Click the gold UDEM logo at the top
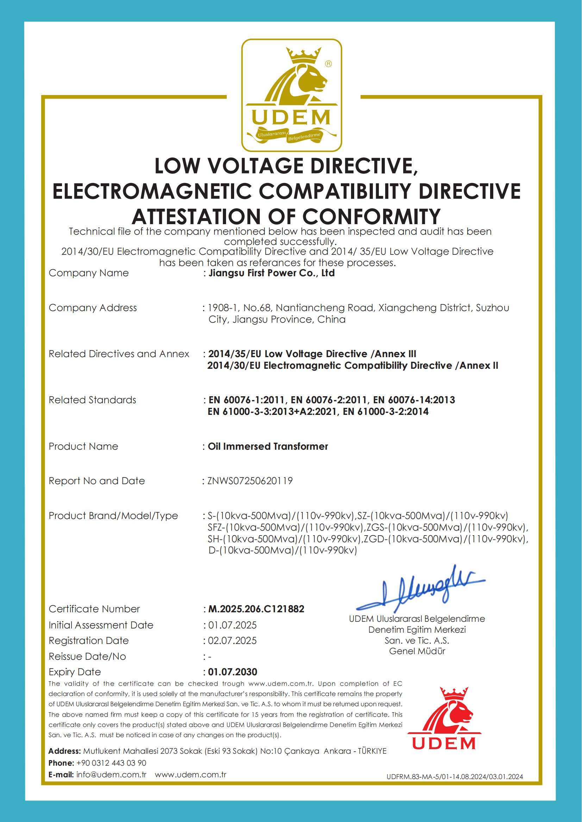point(291,95)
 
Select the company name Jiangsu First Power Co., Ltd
point(271,273)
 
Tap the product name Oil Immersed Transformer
point(268,446)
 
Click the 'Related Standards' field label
point(93,400)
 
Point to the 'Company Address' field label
point(93,308)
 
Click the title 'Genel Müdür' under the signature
point(417,651)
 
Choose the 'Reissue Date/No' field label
point(87,656)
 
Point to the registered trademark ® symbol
point(328,64)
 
